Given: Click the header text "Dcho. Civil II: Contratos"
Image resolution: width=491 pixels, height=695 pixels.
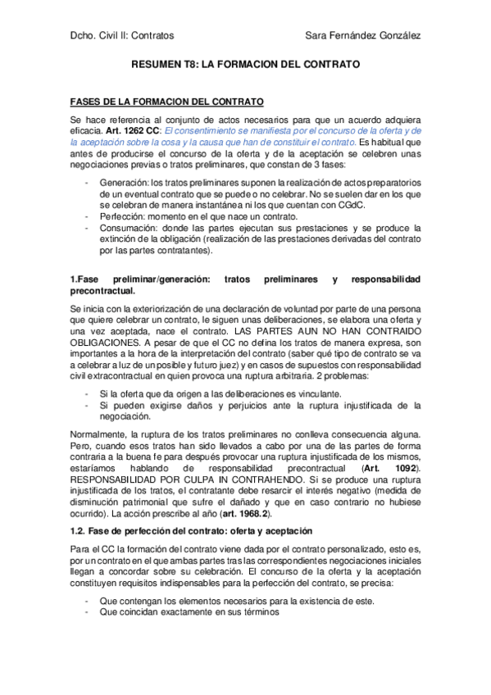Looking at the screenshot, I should (122, 35).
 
